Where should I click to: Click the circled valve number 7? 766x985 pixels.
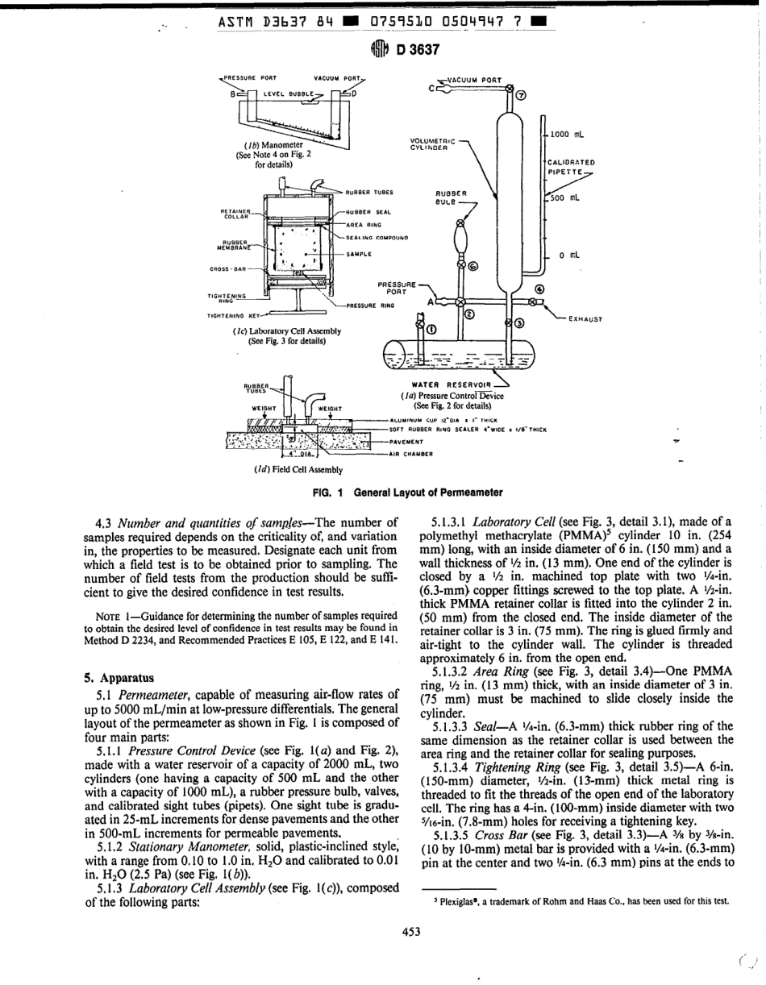pos(520,97)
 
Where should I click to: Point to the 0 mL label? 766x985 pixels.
pos(570,256)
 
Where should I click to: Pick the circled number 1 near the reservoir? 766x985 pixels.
pos(431,329)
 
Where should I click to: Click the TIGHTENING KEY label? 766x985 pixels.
pos(230,316)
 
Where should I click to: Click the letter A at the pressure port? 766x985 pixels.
pos(431,301)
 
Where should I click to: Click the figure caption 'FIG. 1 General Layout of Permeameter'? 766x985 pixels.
pos(407,493)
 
